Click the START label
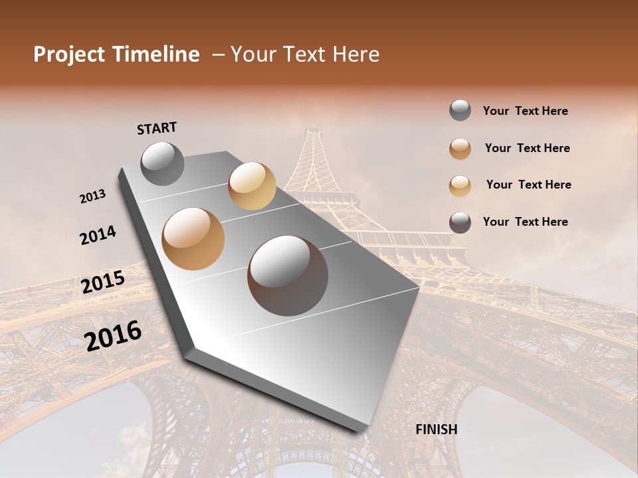(157, 128)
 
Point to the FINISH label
(436, 430)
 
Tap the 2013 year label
(93, 197)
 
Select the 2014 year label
(98, 235)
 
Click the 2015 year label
(103, 282)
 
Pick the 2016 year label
(113, 335)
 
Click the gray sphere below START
(163, 163)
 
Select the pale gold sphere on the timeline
(252, 186)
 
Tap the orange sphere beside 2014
(193, 239)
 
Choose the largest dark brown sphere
(288, 276)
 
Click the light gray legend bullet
(460, 111)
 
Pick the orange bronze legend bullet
(460, 149)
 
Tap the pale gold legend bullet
(460, 186)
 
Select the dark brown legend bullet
(460, 222)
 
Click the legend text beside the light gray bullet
(525, 112)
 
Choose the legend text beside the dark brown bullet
(525, 222)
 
